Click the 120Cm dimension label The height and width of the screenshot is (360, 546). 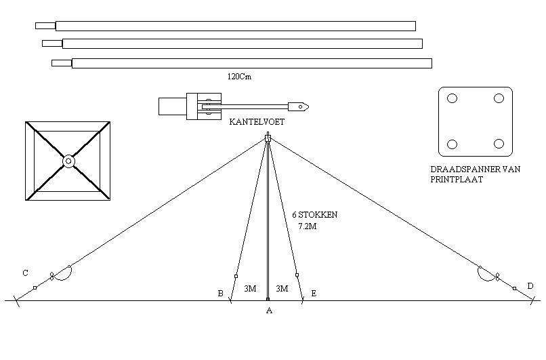click(x=239, y=77)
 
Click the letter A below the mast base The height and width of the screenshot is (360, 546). click(x=269, y=311)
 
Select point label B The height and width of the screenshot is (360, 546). click(x=220, y=294)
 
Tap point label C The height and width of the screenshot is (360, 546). click(x=25, y=273)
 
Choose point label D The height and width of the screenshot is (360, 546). click(x=530, y=285)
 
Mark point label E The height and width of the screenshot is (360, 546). click(x=314, y=294)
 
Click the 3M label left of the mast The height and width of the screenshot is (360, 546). click(x=250, y=289)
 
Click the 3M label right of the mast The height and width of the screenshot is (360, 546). click(x=282, y=289)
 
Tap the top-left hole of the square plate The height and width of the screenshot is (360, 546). click(x=453, y=98)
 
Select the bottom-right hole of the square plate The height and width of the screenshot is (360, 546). click(x=499, y=144)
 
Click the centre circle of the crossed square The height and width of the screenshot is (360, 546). click(x=68, y=161)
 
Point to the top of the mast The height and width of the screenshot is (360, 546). click(x=268, y=138)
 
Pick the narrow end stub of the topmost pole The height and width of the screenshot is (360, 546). click(x=45, y=26)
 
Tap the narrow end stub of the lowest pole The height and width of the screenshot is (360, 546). click(x=62, y=63)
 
